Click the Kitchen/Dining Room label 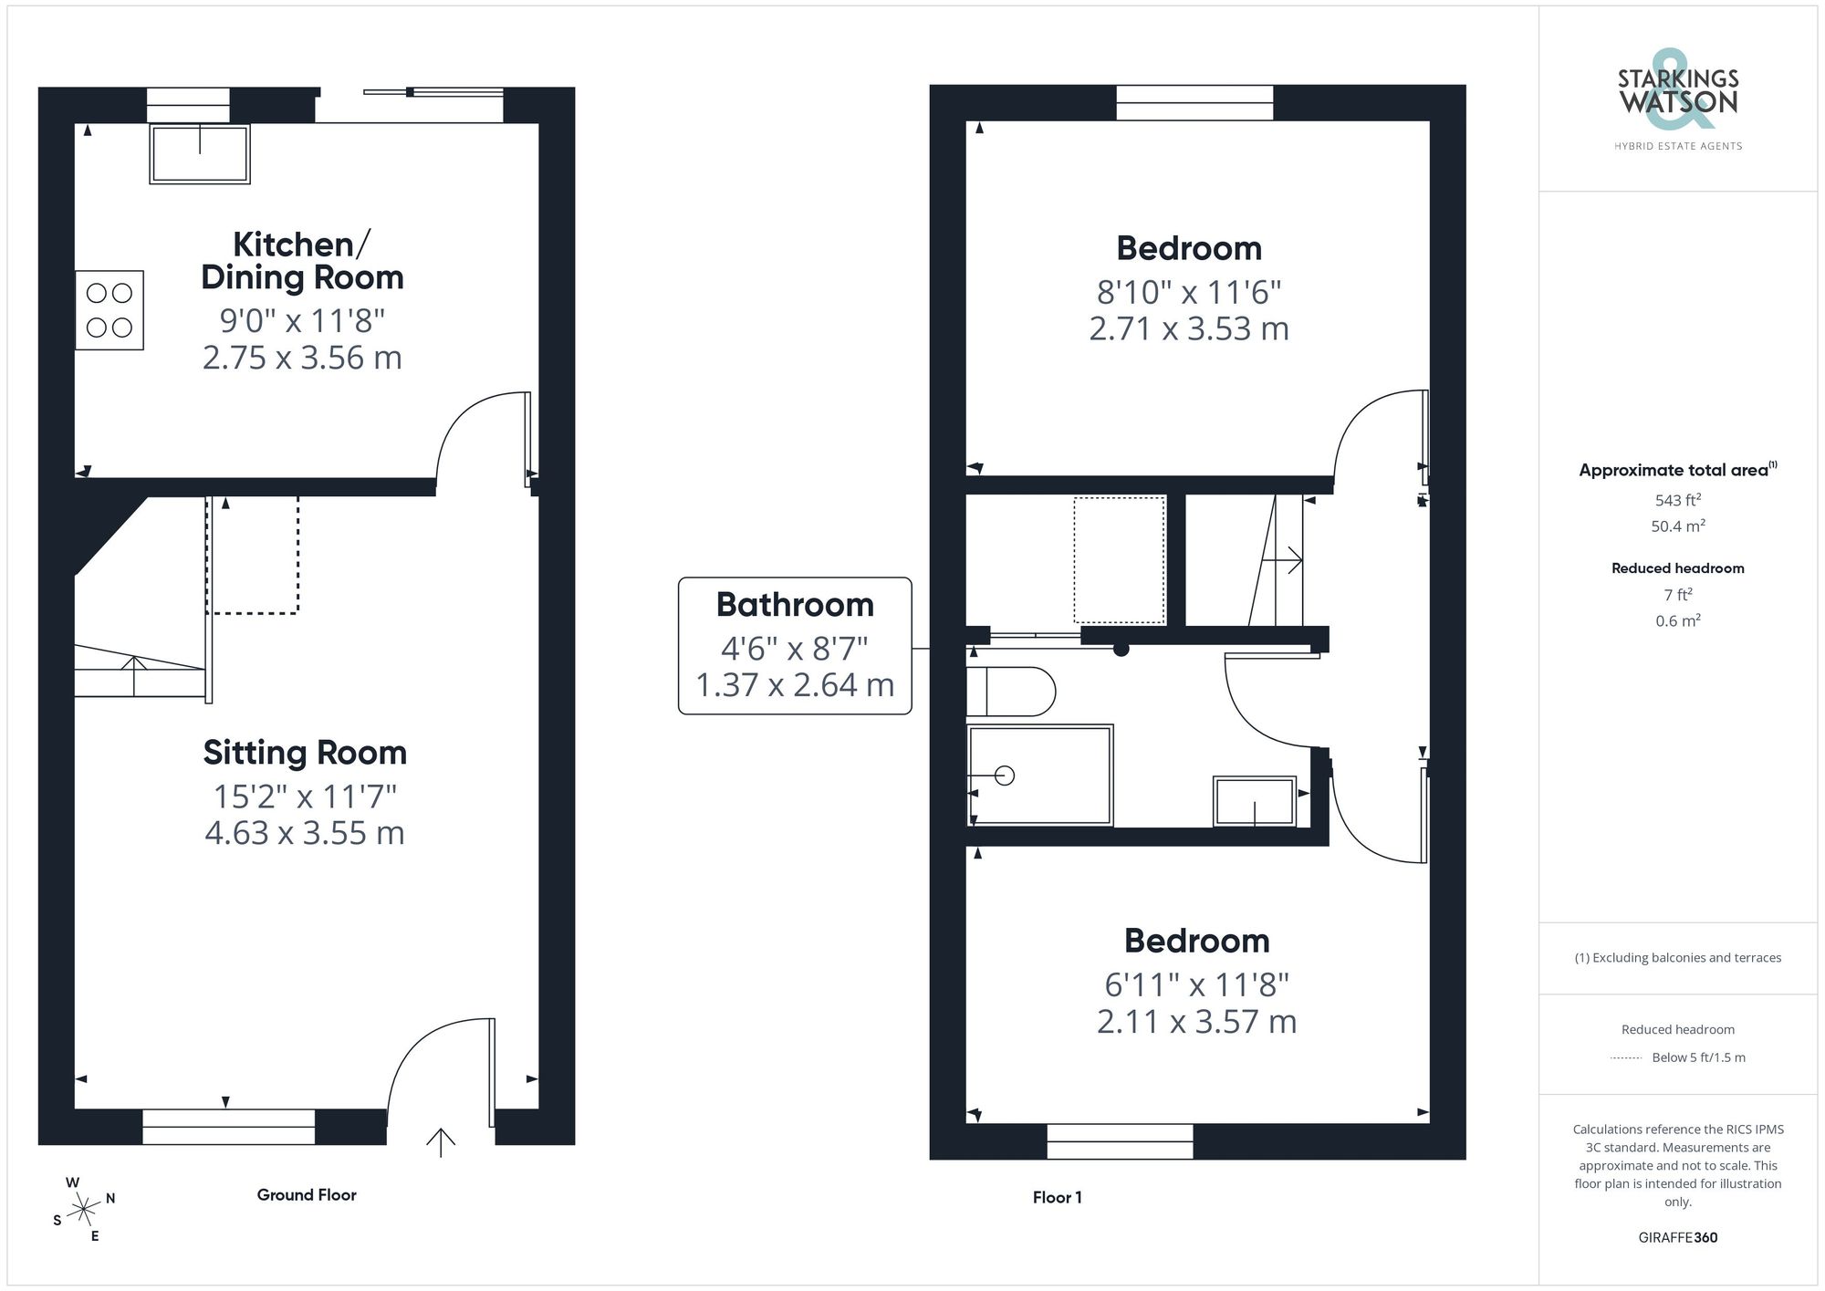tap(302, 261)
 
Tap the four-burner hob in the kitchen tap(109, 310)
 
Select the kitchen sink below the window tap(200, 154)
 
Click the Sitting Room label tap(305, 753)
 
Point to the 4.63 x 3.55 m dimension tap(305, 833)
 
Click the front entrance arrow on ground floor tap(441, 1141)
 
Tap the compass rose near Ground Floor tap(83, 1210)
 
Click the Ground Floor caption tap(307, 1194)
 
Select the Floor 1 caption tap(1057, 1197)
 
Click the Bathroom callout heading tap(795, 605)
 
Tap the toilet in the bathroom tap(1011, 692)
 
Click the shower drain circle tap(1005, 776)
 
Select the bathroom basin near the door tap(1254, 801)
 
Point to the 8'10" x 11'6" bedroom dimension tap(1189, 292)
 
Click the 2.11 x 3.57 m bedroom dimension tap(1196, 1021)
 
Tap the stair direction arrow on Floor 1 tap(1291, 560)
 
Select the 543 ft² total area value tap(1677, 500)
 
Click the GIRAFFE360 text tap(1677, 1237)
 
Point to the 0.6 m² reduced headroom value tap(1677, 620)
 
